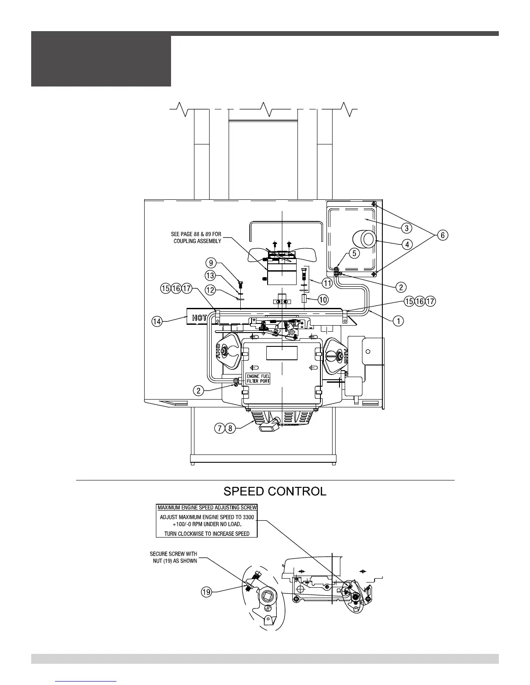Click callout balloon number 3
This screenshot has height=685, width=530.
[406, 227]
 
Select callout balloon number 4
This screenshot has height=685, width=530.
[406, 244]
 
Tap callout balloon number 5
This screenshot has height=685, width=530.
[354, 253]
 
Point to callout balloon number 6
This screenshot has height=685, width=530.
[442, 235]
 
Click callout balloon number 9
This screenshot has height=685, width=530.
[210, 262]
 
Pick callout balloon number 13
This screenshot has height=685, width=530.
[210, 275]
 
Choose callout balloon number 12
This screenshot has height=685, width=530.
[210, 290]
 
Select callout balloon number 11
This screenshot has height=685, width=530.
[327, 283]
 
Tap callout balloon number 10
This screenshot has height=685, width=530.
[323, 299]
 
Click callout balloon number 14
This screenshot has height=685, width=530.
[157, 321]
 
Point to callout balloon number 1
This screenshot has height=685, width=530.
[398, 321]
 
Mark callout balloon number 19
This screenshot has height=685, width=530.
[207, 592]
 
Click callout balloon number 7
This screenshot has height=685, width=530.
[220, 429]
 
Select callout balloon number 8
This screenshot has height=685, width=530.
[230, 429]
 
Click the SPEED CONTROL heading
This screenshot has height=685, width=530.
[275, 492]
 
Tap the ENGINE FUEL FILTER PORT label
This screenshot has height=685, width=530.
[258, 379]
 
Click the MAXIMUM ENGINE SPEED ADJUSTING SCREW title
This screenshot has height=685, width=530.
[207, 507]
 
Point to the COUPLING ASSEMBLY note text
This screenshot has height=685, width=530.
[196, 237]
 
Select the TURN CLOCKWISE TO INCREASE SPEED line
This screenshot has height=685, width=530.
[207, 534]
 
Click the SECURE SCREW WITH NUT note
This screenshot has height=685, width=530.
[173, 557]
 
